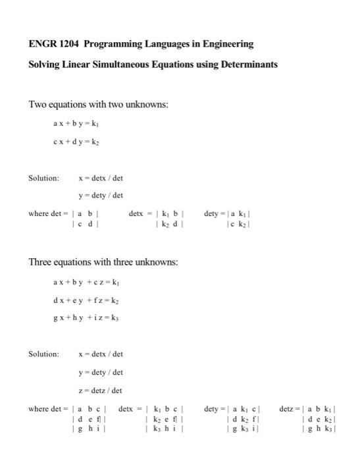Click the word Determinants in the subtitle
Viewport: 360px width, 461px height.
point(246,65)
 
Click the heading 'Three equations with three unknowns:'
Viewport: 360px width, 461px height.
point(103,263)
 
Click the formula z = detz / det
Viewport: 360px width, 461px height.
point(100,391)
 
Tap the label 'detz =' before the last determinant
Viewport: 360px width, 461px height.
point(290,409)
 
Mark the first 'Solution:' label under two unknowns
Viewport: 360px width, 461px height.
point(43,178)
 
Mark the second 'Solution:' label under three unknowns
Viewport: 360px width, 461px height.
point(43,354)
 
